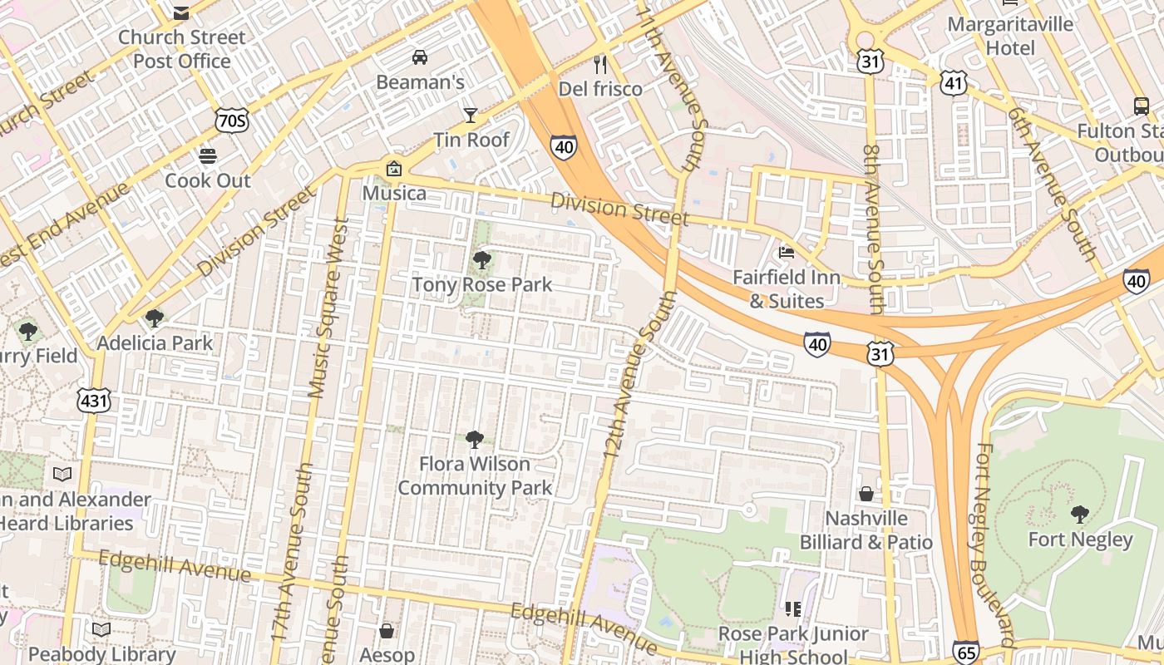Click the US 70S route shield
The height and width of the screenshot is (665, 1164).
230,121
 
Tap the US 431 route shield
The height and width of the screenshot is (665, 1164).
93,401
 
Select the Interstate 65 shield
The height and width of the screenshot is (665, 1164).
966,653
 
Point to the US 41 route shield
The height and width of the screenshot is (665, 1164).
954,81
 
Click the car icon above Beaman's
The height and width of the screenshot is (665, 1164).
420,57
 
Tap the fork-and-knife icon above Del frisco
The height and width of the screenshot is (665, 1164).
600,64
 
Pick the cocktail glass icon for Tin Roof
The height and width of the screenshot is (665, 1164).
471,115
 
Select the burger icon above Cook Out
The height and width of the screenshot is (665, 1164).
208,155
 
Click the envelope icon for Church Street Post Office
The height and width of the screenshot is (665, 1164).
181,12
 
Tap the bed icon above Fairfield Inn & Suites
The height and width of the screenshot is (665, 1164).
786,253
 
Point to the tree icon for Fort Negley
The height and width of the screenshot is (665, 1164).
1080,515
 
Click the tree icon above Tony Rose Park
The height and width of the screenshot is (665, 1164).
481,260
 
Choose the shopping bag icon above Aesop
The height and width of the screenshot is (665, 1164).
387,631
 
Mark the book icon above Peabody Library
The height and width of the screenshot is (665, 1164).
101,629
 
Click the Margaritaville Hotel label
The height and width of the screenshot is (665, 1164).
1010,36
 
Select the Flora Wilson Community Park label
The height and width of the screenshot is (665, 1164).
475,475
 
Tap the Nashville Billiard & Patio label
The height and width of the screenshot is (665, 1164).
866,530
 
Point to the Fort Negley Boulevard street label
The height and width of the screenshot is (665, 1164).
995,544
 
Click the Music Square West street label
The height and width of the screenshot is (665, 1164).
328,308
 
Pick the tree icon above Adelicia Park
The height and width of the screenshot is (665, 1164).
154,318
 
